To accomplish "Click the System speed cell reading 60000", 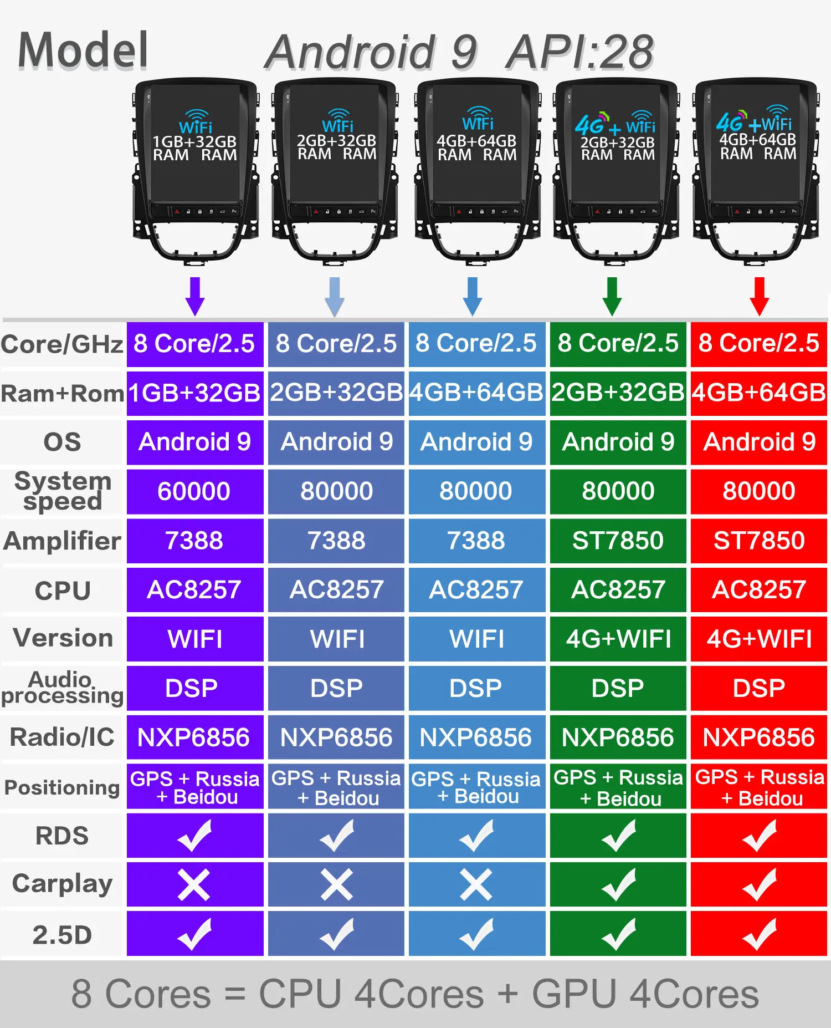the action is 194,491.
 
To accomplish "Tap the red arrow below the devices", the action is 759,296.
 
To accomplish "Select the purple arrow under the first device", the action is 195,296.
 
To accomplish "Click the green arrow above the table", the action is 612,296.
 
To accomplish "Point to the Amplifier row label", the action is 62,541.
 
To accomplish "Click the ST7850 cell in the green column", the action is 618,541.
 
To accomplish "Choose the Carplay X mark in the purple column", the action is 194,884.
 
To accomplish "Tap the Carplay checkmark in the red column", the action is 759,884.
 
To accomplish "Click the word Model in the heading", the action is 83,51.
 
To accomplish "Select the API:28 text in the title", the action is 579,53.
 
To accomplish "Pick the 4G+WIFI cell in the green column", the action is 618,639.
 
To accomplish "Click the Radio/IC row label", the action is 62,737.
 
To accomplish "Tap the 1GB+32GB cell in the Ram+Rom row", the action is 194,393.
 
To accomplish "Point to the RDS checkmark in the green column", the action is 618,836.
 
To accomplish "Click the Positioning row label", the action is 62,787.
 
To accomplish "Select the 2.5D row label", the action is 62,935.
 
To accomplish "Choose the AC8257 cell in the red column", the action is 759,590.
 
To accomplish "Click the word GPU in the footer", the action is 574,994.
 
